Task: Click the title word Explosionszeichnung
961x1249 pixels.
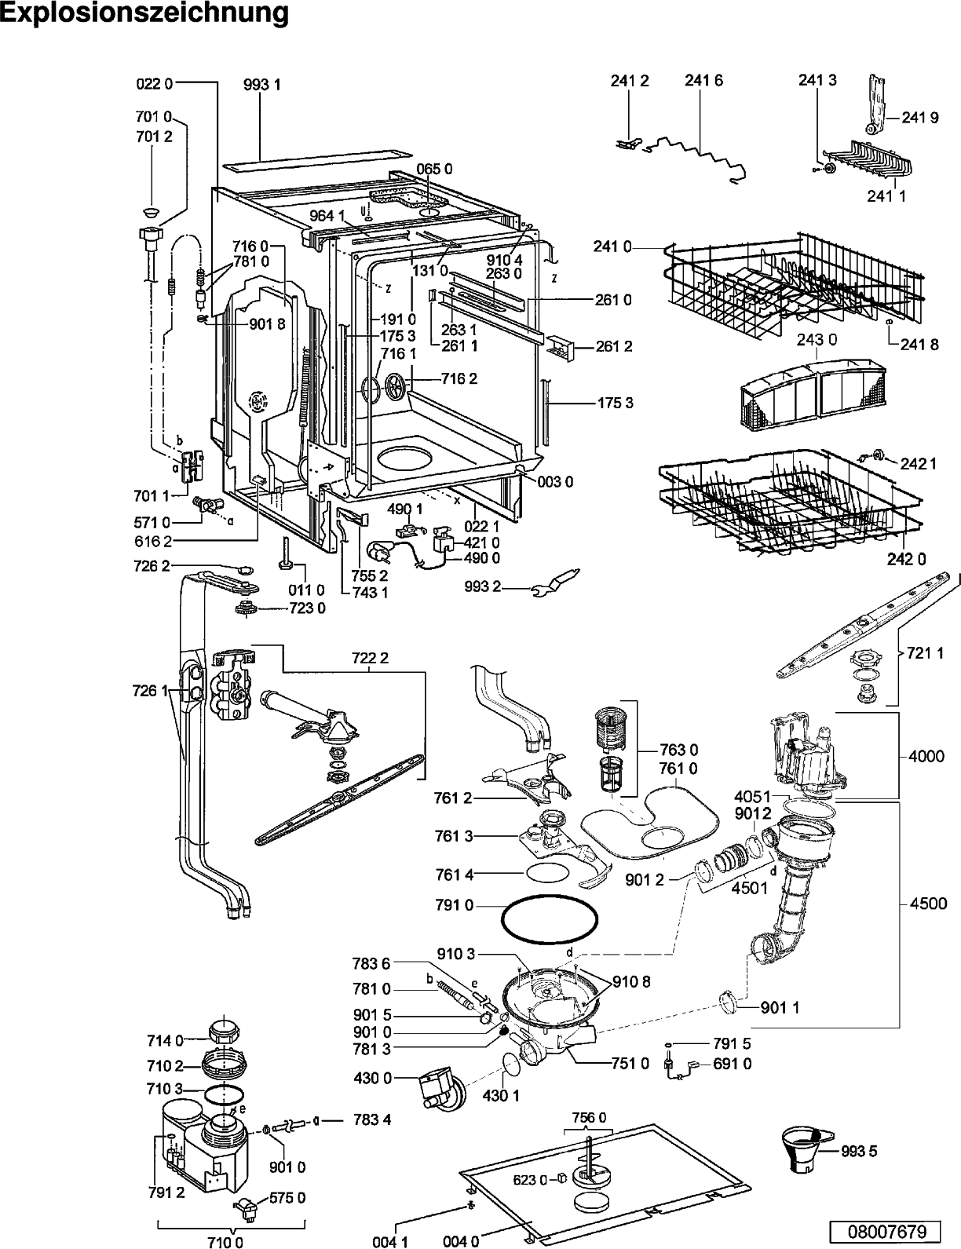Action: [x=144, y=14]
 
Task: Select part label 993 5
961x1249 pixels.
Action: [x=860, y=1152]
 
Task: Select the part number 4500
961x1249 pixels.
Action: [x=927, y=903]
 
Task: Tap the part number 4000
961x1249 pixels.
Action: [x=927, y=756]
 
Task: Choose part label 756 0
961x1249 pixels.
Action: [x=589, y=1117]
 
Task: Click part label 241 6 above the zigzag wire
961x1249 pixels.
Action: [x=703, y=80]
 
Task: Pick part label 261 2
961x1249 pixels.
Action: [x=615, y=346]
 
